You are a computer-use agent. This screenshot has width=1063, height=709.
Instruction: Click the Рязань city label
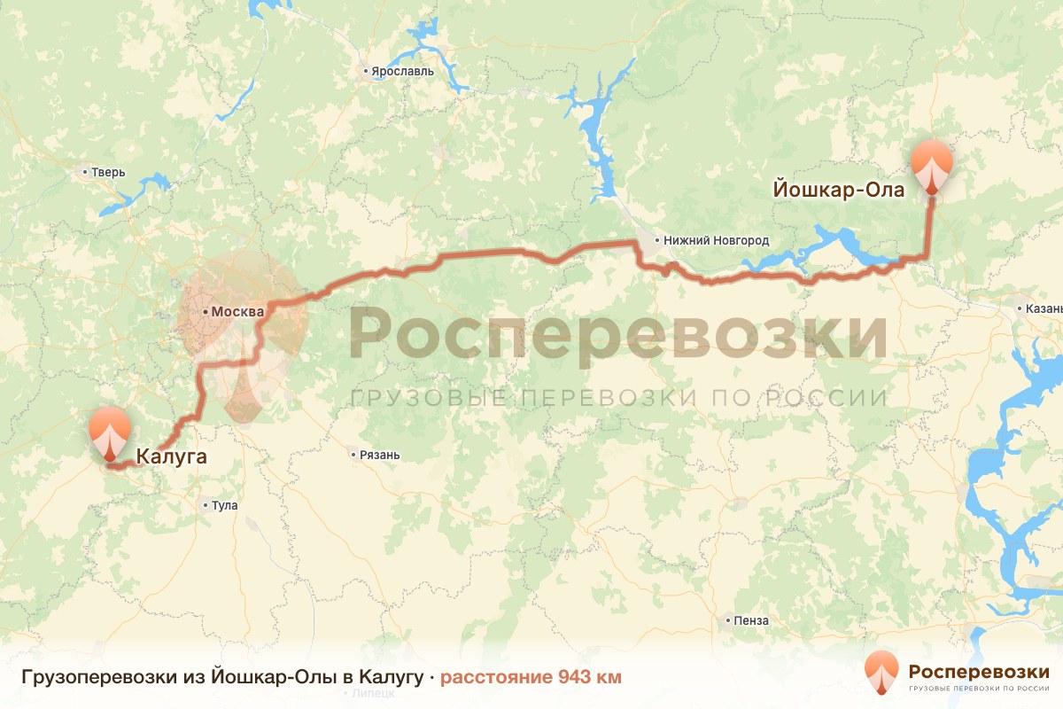(380, 456)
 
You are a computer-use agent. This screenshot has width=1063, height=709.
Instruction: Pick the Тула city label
(225, 506)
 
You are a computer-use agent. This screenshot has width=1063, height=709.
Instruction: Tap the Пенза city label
(751, 620)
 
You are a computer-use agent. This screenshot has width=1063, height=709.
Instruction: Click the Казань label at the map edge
(1044, 309)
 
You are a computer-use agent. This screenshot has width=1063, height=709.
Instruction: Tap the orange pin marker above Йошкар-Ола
(932, 166)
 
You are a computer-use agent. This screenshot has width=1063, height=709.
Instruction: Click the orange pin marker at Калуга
(110, 432)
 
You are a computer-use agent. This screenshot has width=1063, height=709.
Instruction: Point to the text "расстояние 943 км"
(531, 677)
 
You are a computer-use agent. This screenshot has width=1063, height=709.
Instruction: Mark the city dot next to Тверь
(85, 172)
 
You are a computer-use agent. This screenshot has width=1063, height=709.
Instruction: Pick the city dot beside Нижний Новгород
(656, 240)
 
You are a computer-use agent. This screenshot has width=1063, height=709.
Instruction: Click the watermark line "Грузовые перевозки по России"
(618, 398)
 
